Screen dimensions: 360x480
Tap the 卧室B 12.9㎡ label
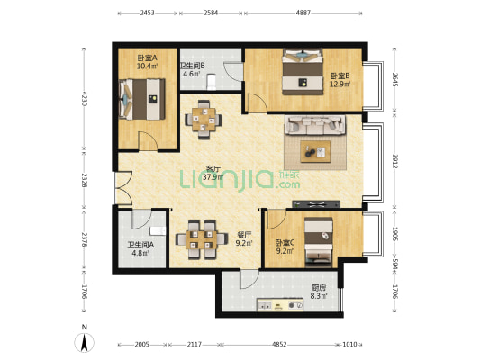tap(339, 79)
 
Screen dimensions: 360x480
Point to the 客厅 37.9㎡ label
tap(213, 173)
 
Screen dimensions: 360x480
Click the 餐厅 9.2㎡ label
tap(243, 238)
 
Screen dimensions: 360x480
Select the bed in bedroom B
tap(301, 71)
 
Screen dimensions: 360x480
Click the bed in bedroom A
tap(140, 98)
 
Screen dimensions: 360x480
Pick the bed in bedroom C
tap(317, 240)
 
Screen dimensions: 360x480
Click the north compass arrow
tap(84, 342)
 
